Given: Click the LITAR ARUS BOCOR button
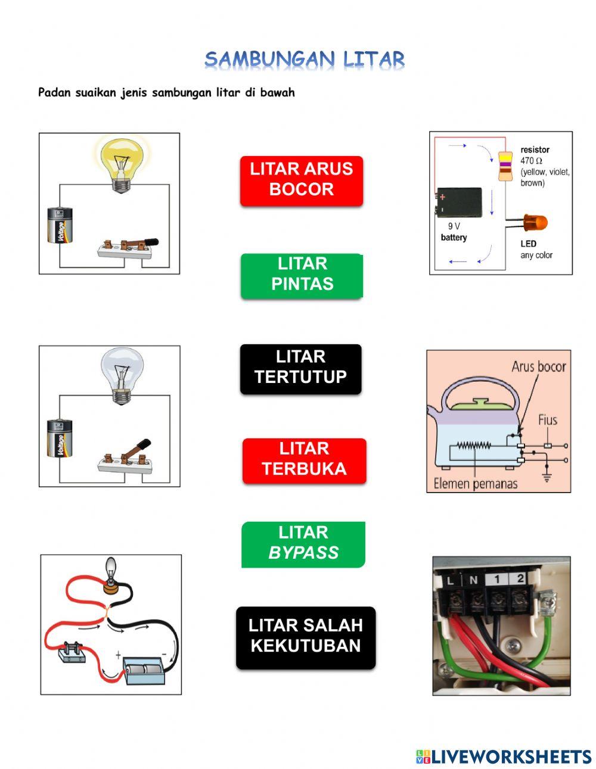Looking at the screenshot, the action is (x=301, y=179).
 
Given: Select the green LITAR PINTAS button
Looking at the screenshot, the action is (x=302, y=274).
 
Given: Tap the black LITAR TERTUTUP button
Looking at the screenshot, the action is (x=300, y=368).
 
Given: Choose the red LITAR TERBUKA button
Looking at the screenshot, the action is (x=304, y=459).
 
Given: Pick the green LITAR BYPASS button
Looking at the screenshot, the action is (x=303, y=543).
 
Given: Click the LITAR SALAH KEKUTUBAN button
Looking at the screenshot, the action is (x=306, y=636).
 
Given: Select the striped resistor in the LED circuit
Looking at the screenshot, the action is (x=505, y=166).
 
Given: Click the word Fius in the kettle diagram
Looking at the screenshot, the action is (x=547, y=420).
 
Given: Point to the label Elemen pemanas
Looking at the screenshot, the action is (x=475, y=484).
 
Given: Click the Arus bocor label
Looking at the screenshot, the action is (x=538, y=366).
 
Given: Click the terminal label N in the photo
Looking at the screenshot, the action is (x=473, y=579).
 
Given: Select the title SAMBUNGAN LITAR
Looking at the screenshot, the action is (x=305, y=60).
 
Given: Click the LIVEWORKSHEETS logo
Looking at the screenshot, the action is (x=503, y=756).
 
